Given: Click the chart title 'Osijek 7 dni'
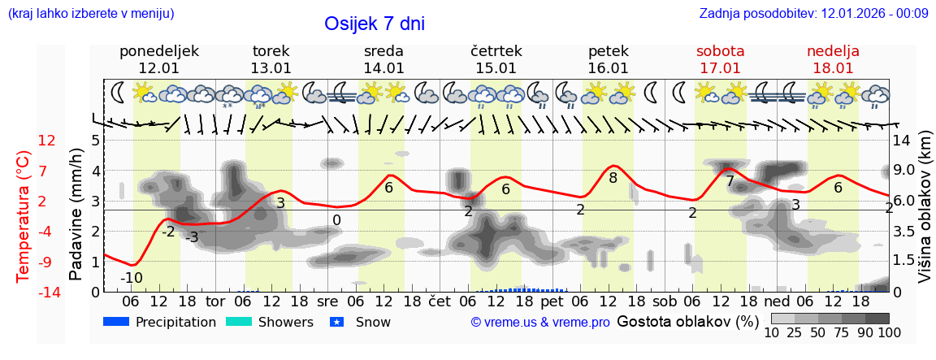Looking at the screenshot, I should click(x=375, y=24).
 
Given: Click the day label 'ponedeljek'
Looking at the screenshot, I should click(x=158, y=51).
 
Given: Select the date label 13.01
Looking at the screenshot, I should click(x=271, y=68).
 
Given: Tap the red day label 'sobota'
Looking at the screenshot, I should click(x=720, y=51).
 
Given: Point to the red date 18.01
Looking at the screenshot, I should click(x=833, y=68).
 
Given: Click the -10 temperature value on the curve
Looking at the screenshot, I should click(x=132, y=278).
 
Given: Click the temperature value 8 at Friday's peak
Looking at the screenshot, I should click(x=613, y=177).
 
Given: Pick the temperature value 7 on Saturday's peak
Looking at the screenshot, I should click(x=730, y=181).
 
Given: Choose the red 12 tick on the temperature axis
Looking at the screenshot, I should click(x=47, y=141).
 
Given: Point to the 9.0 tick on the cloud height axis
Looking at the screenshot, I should click(x=904, y=171).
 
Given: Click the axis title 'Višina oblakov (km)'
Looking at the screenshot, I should click(x=925, y=216).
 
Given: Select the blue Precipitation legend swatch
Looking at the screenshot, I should click(x=117, y=322).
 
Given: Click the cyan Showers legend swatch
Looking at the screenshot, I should click(x=239, y=322).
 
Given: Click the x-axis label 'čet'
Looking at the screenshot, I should click(x=440, y=300).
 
